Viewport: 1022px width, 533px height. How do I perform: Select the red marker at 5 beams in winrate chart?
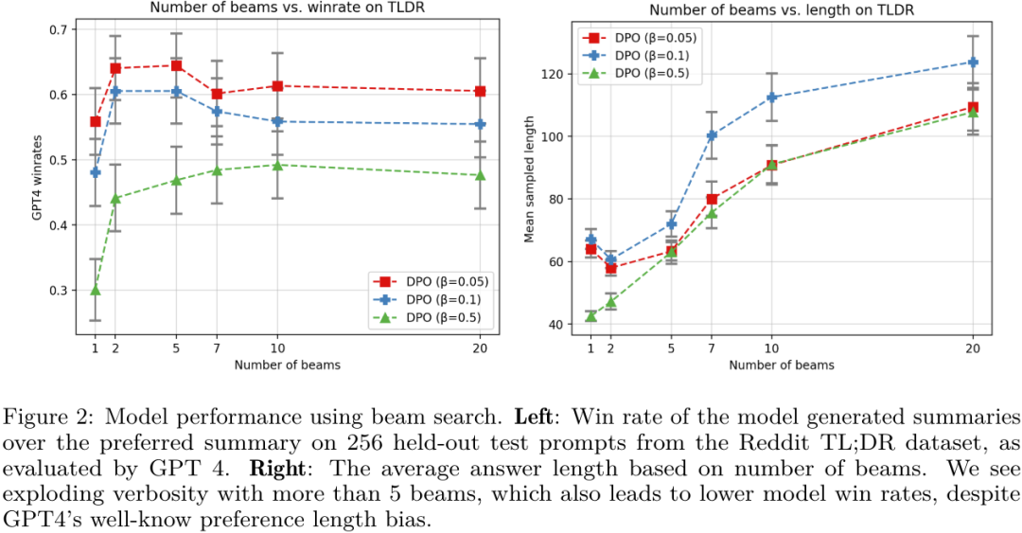coord(175,65)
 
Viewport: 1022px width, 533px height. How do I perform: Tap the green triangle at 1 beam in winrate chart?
coord(95,290)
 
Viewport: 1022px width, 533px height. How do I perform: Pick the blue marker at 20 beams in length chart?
coord(972,62)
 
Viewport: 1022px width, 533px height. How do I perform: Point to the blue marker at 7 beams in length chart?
coord(712,135)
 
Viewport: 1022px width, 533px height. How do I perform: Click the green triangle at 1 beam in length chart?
coord(590,315)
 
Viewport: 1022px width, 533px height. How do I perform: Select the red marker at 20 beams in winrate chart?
coord(480,92)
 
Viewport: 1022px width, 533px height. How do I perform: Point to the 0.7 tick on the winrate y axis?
coord(59,29)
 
